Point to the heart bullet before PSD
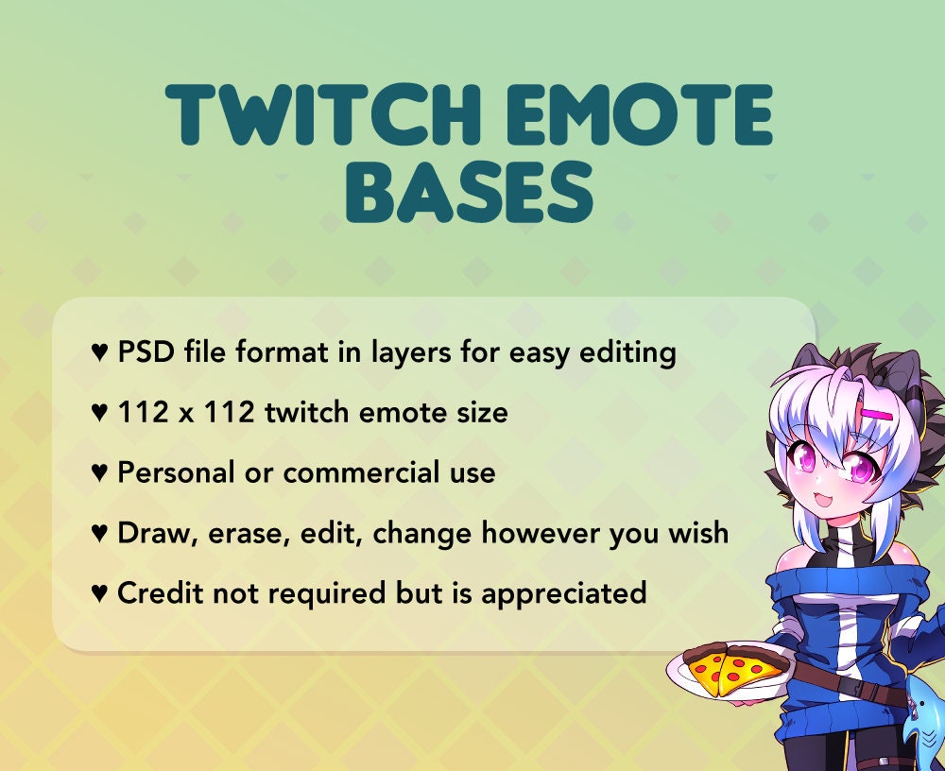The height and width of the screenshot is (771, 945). point(99,354)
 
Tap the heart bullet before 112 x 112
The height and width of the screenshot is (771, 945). point(99,414)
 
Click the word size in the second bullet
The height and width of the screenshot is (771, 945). point(480,413)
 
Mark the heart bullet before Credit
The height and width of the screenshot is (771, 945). point(99,594)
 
